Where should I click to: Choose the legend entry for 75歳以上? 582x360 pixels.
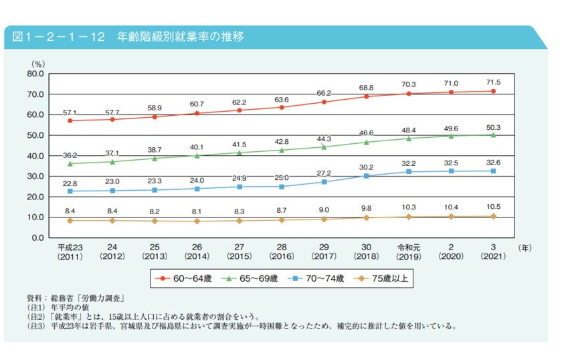tap(379, 278)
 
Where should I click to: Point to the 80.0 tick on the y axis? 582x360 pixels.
tap(35, 74)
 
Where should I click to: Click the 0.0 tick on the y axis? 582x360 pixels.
tap(37, 238)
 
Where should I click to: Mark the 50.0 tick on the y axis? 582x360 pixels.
tap(35, 135)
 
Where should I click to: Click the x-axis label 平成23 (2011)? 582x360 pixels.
tap(70, 252)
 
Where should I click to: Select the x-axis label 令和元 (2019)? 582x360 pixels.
tap(408, 252)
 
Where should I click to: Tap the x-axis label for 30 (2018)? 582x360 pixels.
tap(366, 252)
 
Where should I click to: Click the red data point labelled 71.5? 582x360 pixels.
tap(493, 91)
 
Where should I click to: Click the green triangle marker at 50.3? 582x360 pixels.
tap(493, 134)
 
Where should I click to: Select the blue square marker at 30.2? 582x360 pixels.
tap(366, 176)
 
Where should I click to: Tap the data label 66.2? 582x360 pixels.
tap(324, 93)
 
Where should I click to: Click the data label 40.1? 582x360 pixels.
tap(197, 147)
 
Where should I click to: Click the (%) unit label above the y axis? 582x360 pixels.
tap(38, 64)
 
